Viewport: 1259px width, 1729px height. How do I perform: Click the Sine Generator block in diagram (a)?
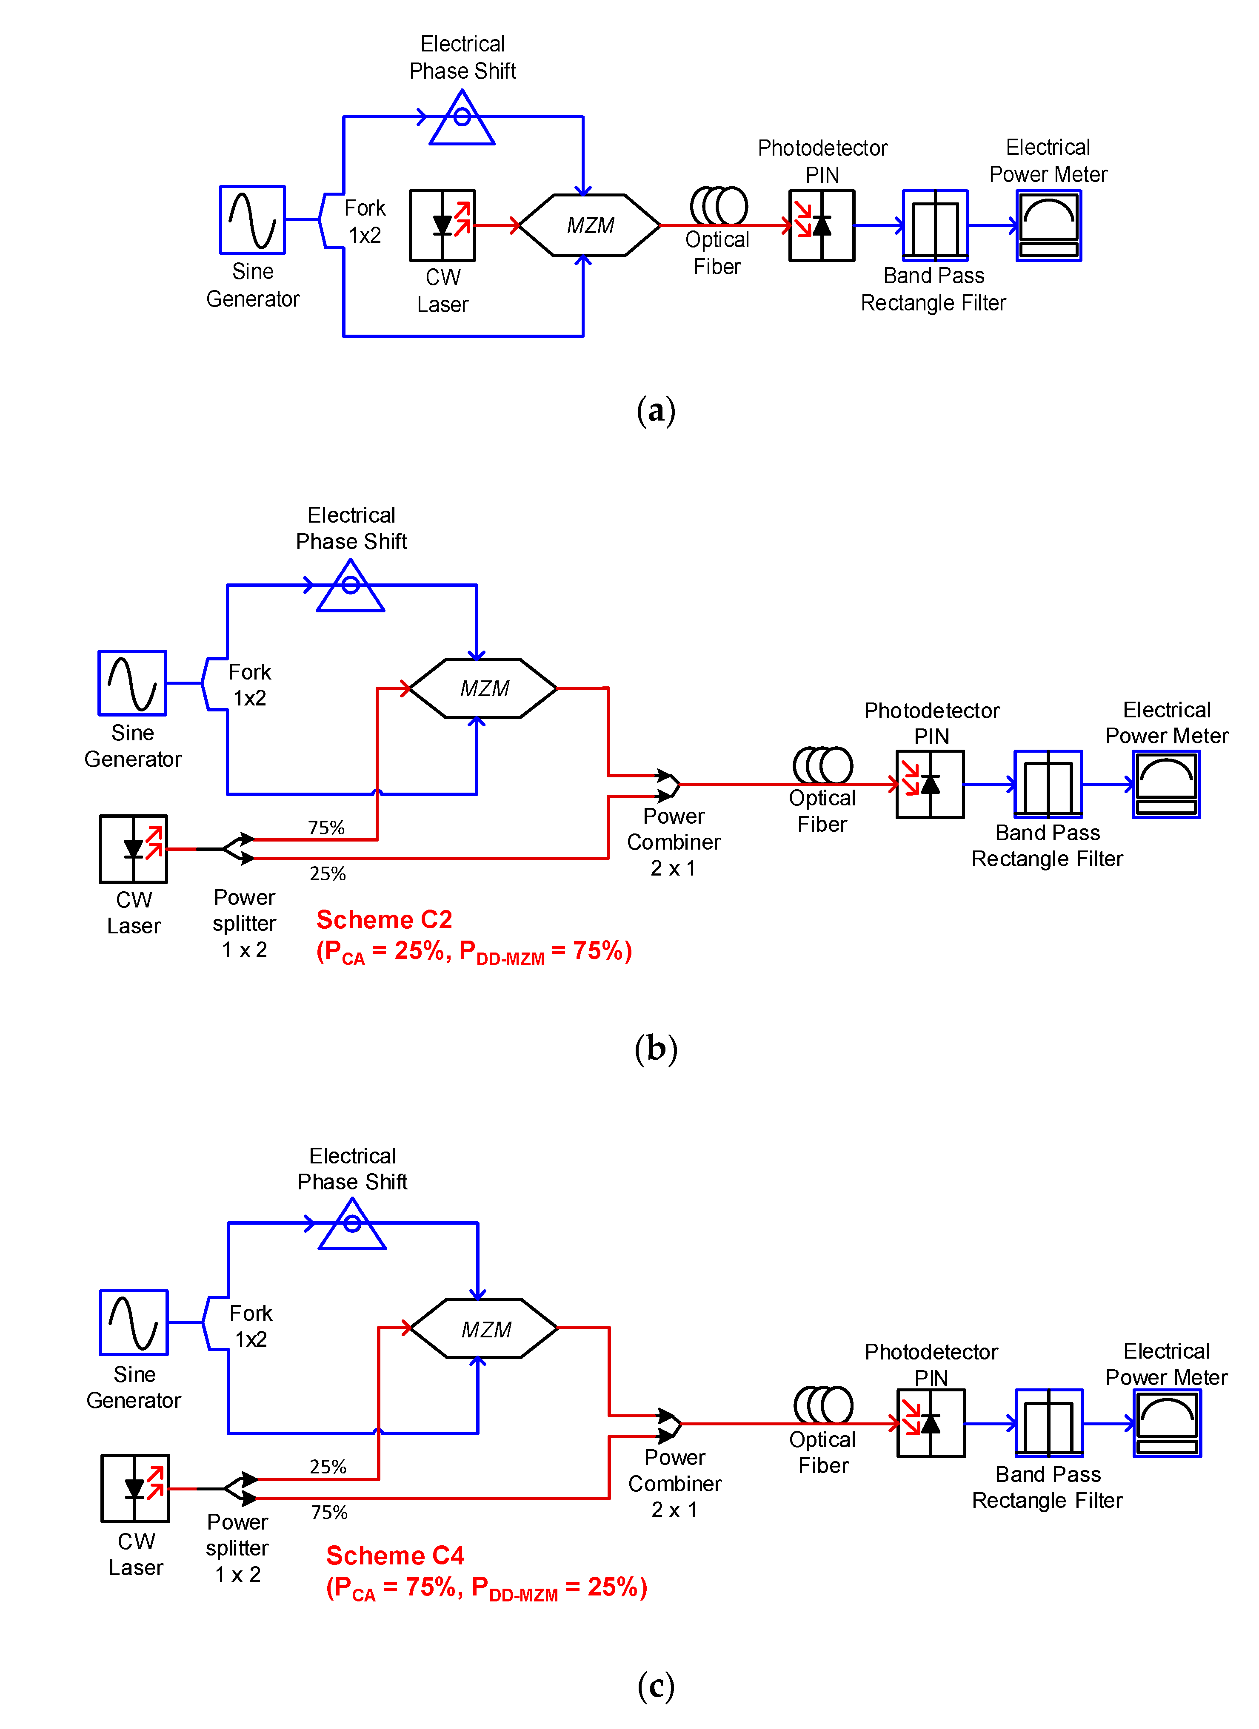(x=252, y=219)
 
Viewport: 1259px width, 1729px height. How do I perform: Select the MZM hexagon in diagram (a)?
(x=589, y=226)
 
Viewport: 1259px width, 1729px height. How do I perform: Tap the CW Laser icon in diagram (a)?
(x=443, y=226)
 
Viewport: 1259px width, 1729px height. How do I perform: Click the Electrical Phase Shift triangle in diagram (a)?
(x=462, y=119)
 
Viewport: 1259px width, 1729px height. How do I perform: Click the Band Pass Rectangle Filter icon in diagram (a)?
(x=935, y=226)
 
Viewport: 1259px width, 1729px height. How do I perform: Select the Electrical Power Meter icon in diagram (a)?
(x=1048, y=226)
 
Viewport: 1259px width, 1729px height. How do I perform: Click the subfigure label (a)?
(x=656, y=410)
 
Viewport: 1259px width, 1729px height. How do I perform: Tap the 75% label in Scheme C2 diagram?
(x=326, y=828)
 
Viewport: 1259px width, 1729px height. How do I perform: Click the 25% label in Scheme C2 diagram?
(x=328, y=874)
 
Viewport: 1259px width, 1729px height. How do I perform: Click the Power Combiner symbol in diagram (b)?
(x=669, y=785)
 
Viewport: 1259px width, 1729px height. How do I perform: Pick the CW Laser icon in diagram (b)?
(x=134, y=848)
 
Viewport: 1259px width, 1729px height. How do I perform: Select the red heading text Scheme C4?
(x=395, y=1555)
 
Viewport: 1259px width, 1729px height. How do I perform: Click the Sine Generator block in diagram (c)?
(x=134, y=1322)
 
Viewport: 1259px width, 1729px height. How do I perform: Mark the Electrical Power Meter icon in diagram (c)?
(x=1167, y=1423)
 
